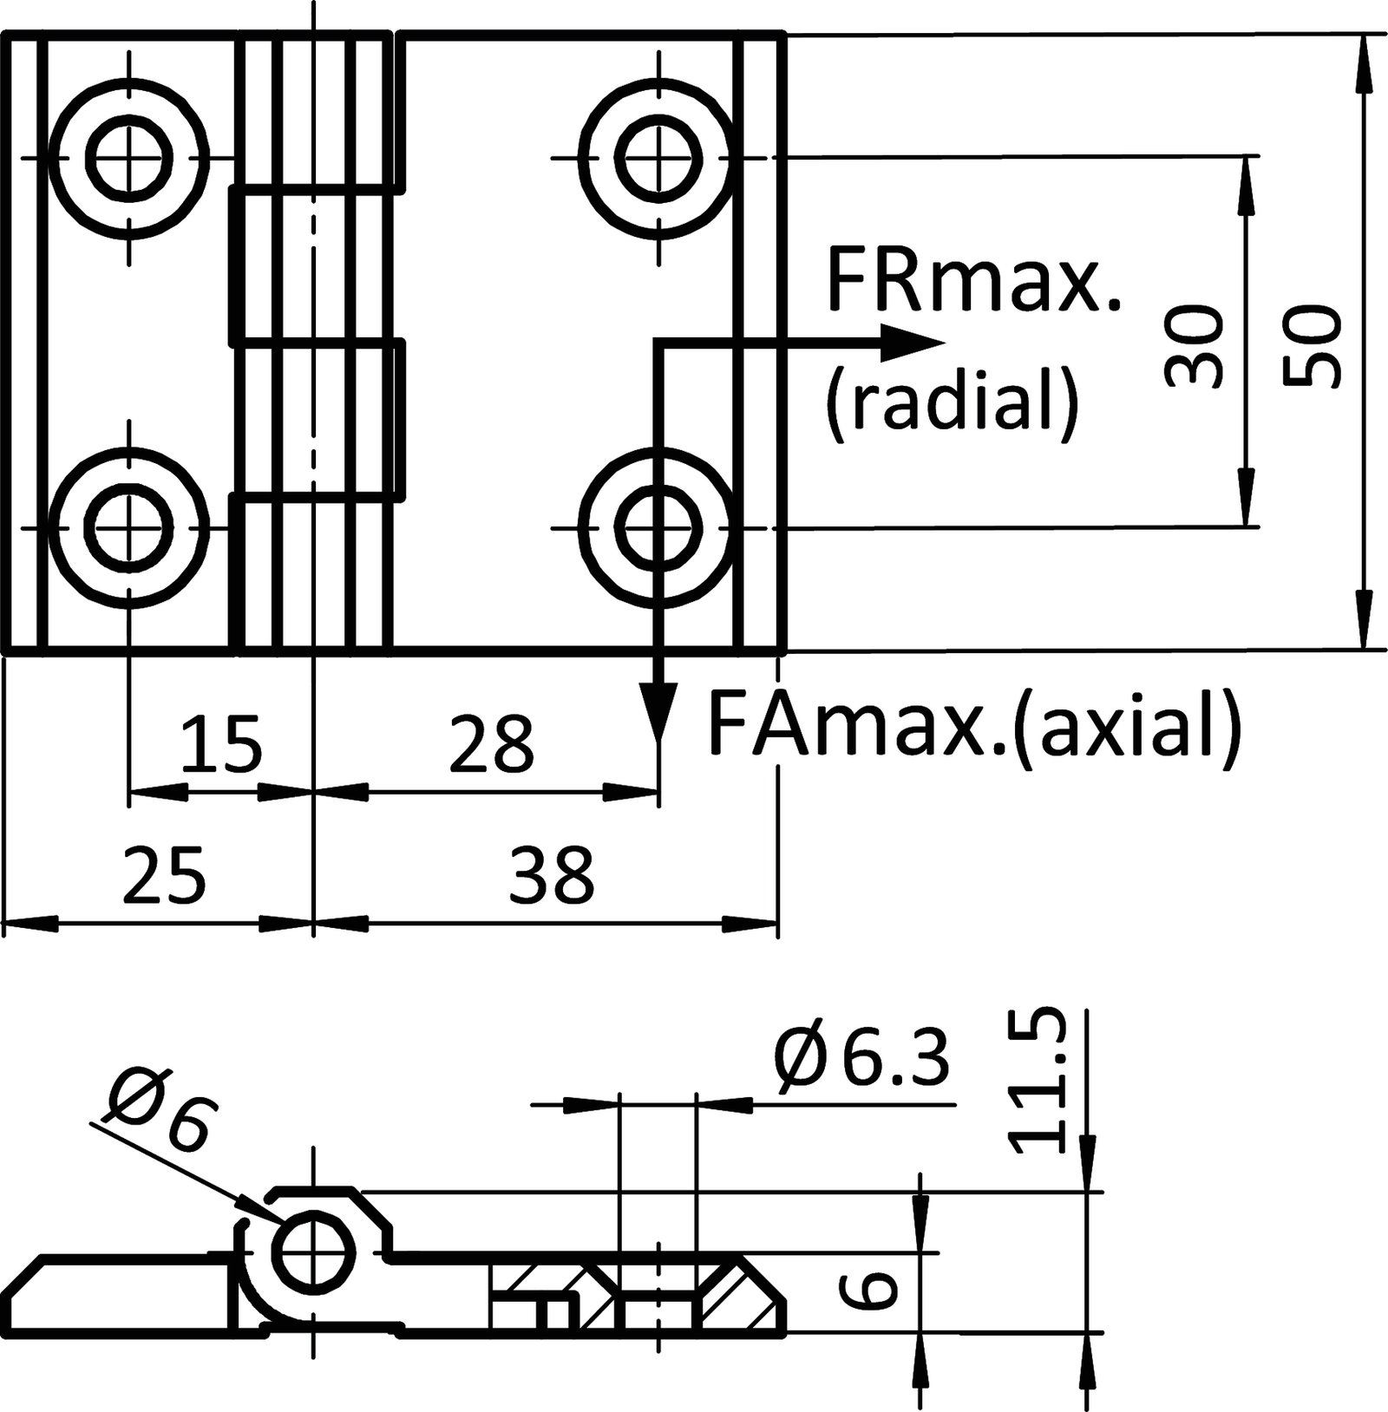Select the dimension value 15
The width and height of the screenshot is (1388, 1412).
pyautogui.click(x=221, y=745)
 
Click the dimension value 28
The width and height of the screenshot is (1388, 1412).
pyautogui.click(x=491, y=745)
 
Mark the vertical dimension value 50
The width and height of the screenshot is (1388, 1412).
pyautogui.click(x=1312, y=344)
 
